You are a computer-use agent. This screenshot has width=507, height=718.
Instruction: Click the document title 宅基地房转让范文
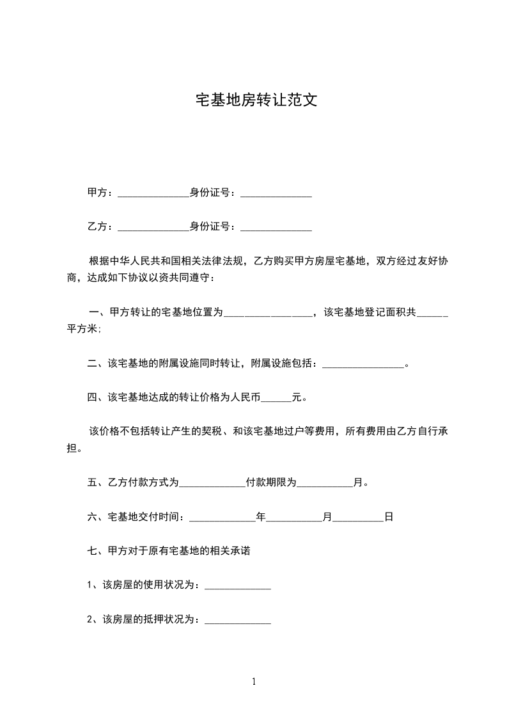pos(256,100)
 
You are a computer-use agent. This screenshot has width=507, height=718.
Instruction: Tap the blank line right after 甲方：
pos(153,194)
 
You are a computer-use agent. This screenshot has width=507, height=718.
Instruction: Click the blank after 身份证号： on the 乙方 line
pos(276,228)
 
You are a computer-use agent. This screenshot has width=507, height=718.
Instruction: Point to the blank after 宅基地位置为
pos(269,314)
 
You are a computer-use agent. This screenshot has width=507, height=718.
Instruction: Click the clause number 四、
pos(97,397)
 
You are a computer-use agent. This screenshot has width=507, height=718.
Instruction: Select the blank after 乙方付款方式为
pos(212,484)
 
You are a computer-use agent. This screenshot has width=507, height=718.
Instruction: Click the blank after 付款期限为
pos(325,484)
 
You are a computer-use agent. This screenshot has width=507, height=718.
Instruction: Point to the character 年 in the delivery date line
pos(260,517)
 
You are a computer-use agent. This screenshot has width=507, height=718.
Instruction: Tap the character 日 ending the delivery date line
pos(388,517)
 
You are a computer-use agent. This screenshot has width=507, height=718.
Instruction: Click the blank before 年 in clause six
pos(222,518)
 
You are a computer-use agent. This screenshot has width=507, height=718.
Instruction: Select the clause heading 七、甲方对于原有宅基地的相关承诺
pos(168,551)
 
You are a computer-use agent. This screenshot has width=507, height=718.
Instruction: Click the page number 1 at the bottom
pos(254,682)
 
